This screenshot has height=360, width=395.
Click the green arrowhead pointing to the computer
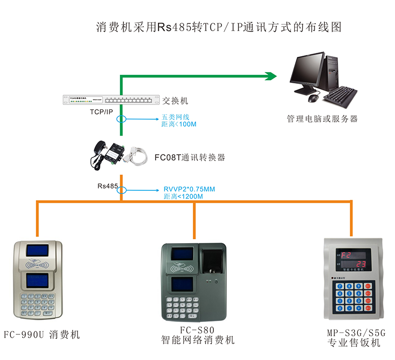tap(270, 76)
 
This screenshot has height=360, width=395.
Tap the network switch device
tap(112, 100)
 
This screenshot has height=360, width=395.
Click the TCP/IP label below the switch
tap(101, 112)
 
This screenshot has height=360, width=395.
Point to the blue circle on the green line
tap(121, 119)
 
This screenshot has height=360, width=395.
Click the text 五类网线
tap(176, 118)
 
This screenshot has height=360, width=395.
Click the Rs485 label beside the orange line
tap(108, 186)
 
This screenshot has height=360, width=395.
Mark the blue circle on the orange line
tap(121, 190)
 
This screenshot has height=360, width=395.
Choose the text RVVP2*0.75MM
tap(189, 189)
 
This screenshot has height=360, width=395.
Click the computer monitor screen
tap(309, 71)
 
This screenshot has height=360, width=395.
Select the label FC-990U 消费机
tap(41, 335)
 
